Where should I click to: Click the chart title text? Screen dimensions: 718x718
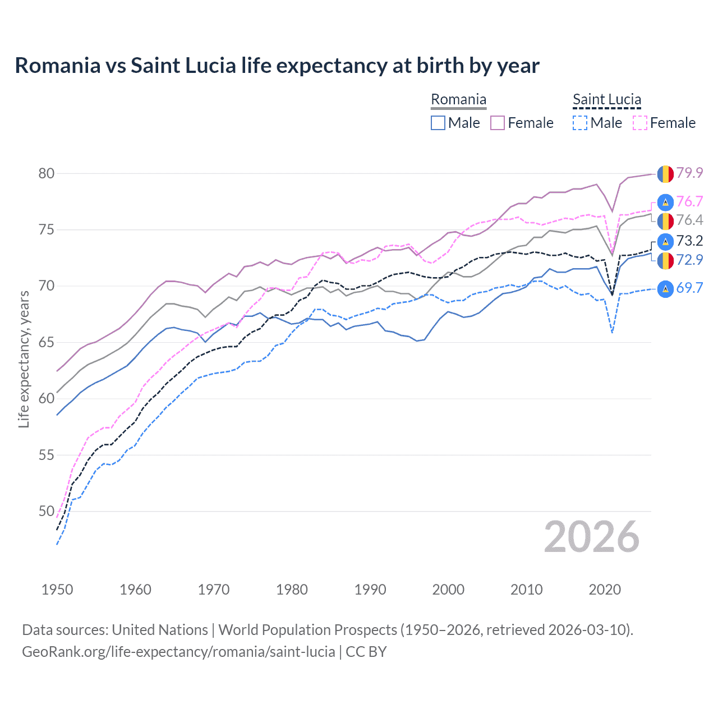277,66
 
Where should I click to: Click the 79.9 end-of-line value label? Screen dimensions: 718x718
689,173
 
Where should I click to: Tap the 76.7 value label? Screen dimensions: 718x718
689,201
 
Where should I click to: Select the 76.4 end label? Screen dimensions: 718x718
689,220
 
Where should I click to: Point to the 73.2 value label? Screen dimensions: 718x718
689,241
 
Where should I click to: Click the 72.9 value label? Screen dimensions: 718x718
689,260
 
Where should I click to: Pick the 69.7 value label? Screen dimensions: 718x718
689,288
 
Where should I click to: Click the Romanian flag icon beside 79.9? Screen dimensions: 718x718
665,173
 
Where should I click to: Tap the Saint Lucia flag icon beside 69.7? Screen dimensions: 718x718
665,288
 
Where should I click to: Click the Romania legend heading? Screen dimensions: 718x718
458,100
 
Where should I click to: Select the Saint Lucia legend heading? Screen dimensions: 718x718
606,100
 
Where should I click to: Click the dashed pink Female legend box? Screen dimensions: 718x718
639,123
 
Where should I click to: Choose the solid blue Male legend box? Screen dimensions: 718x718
438,123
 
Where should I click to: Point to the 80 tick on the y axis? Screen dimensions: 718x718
47,173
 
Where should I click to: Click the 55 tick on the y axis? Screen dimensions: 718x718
47,455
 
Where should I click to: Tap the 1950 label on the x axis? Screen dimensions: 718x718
57,590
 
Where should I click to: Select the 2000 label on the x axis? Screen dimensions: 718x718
448,590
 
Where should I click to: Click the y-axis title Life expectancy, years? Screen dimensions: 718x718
24,359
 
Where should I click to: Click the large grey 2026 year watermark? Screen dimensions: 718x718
592,537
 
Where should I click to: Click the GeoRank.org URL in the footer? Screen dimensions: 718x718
178,652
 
